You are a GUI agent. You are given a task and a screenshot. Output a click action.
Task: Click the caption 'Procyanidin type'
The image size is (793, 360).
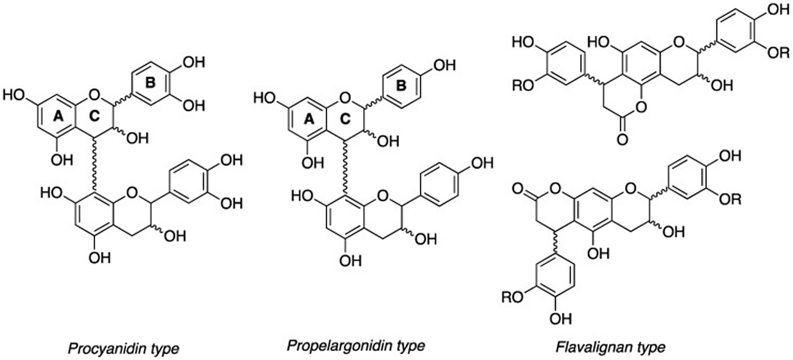(123, 349)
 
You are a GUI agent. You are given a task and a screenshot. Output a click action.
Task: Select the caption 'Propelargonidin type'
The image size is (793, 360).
(356, 346)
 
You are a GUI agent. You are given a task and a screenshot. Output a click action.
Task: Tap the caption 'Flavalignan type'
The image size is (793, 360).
(610, 347)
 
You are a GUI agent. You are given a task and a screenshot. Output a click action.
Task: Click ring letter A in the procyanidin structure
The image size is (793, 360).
(58, 116)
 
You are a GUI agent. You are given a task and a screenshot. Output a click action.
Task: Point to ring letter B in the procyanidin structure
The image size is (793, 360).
(151, 83)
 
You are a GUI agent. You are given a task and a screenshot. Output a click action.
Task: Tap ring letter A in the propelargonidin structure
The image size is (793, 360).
(309, 119)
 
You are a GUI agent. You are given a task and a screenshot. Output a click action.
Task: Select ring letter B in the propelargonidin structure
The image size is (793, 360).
(401, 86)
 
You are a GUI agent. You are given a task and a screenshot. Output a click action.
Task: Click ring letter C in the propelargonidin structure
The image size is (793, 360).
(345, 119)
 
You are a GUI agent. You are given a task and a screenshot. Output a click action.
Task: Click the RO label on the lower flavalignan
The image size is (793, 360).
(512, 297)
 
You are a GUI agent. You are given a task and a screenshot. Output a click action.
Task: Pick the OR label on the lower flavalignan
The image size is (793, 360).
(730, 199)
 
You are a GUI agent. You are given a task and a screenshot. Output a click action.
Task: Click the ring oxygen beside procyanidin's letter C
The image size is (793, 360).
(94, 94)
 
